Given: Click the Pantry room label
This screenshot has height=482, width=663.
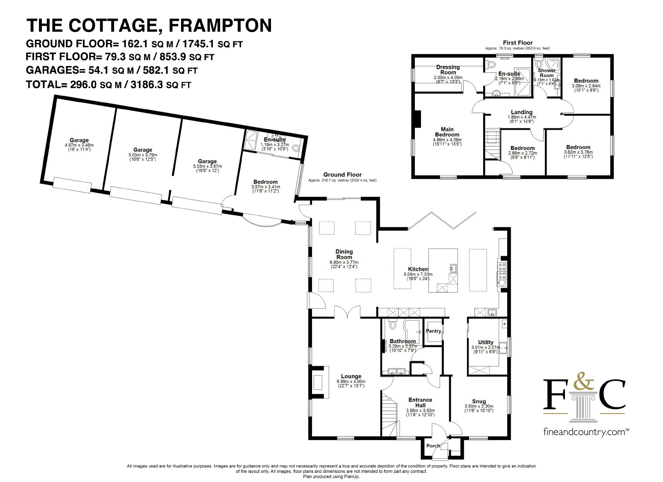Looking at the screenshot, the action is coord(433,331).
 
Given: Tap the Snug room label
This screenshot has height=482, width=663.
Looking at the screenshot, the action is coord(479,401).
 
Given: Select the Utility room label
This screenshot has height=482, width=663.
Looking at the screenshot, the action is coord(486,342).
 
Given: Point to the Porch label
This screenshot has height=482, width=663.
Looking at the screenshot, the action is coord(433,446).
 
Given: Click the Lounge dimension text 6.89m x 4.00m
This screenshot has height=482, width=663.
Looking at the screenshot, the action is coord(351,381).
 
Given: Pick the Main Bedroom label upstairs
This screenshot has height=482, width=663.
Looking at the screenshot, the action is coord(447,132).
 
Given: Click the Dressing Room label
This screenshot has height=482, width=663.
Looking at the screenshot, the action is coord(448,70).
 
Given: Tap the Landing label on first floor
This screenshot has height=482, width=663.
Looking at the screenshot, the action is coord(522,112).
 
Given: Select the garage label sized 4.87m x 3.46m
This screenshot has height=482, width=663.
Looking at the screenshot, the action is coord(79,140).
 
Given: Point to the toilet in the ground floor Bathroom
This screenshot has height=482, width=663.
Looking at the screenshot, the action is coord(393,324).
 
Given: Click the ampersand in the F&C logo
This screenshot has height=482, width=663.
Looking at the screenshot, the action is coord(584,381).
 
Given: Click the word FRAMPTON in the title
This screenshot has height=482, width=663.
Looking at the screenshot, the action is coord(220,25).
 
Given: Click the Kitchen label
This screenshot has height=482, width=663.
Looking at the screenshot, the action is coord(418,269).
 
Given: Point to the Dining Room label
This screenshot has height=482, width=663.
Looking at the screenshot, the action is coord(344,254).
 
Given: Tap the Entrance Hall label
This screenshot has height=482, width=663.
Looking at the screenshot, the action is coord(420,402).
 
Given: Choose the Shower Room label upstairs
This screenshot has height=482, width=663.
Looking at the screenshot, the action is coord(547,73).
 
